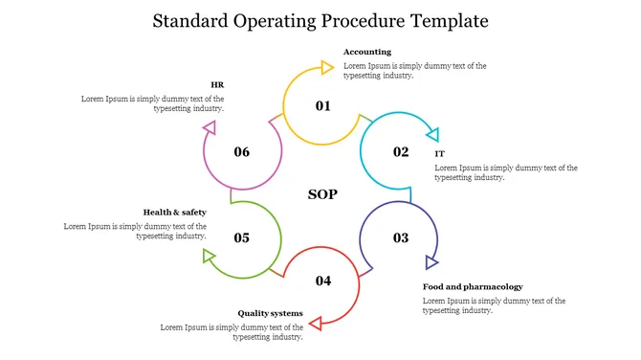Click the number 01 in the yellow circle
[x=323, y=106]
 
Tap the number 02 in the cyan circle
[x=401, y=152]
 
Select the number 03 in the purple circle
[x=401, y=237]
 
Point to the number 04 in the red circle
[x=323, y=281]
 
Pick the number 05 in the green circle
[x=242, y=237]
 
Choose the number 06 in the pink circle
[x=242, y=152]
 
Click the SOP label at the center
[x=322, y=194]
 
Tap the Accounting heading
[x=367, y=52]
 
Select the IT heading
[x=439, y=154]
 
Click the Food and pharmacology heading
[x=473, y=287]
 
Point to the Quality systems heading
[x=270, y=313]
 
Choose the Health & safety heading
[x=174, y=213]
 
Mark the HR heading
[x=217, y=84]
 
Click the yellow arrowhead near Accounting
[x=327, y=67]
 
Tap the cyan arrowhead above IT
[x=433, y=135]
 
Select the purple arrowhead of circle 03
[x=431, y=262]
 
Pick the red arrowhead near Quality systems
[x=316, y=324]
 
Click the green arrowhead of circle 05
[x=209, y=256]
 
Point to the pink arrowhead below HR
[x=210, y=127]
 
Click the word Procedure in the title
[x=364, y=21]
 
